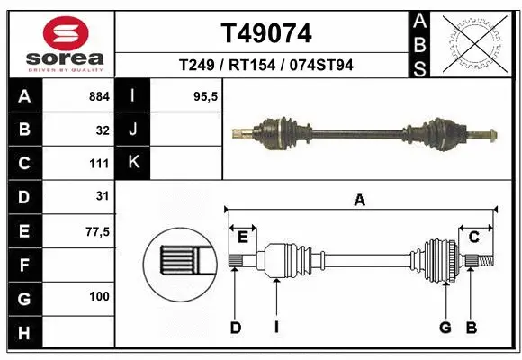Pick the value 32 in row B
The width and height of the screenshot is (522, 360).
(103, 130)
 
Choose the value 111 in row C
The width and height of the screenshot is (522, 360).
(99, 164)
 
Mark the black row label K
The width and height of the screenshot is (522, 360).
(133, 163)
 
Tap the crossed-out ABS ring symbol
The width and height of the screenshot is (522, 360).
(478, 42)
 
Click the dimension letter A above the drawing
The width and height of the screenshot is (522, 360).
(359, 202)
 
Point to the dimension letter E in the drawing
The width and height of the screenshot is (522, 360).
(243, 237)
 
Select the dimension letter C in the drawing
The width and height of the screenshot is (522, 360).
(473, 237)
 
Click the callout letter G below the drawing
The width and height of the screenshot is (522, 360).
(444, 328)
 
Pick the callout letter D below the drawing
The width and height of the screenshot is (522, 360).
(235, 328)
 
